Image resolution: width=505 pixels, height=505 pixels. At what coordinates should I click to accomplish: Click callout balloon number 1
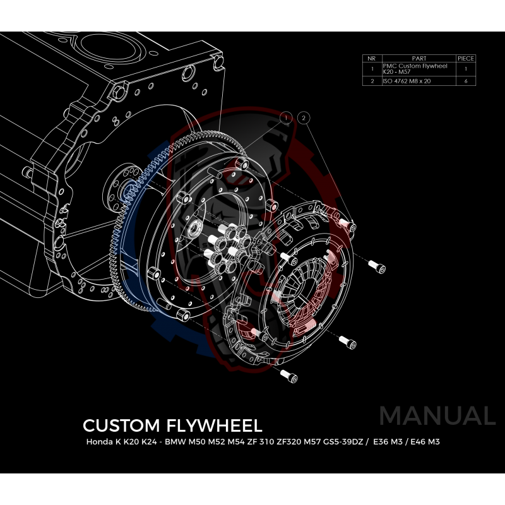coord(286,118)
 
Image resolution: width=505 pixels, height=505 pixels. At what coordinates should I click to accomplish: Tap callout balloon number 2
coord(304,118)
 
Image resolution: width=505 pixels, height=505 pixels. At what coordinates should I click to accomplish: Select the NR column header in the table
coord(372,58)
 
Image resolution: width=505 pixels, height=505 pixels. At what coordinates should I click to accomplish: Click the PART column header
coord(419,58)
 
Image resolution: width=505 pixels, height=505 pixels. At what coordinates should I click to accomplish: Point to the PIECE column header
coord(465,58)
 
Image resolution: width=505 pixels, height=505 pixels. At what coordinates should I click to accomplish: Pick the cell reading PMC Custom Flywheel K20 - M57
coord(419,69)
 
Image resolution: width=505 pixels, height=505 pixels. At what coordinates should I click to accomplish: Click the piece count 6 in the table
coord(465,81)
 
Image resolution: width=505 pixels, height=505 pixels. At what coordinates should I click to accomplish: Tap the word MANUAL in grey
coord(437,415)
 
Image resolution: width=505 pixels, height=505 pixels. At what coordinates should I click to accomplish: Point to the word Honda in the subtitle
coord(99,442)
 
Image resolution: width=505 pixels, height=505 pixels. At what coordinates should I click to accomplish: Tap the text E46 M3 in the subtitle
coord(425,442)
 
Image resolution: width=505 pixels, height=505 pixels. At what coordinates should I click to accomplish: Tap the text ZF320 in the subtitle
coord(282,442)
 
